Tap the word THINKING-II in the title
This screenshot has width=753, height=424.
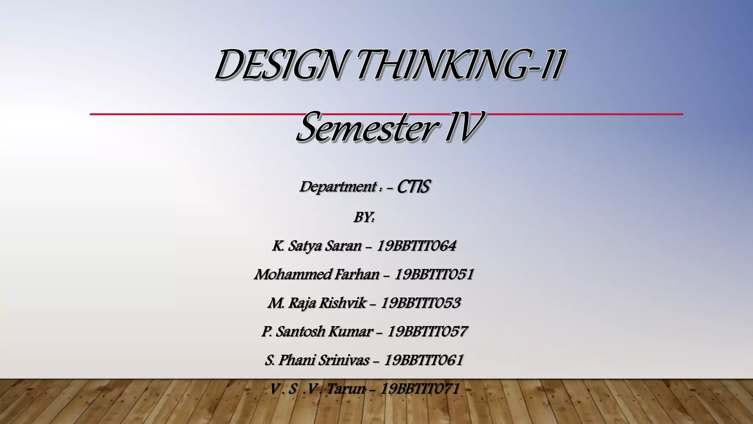[x=460, y=66]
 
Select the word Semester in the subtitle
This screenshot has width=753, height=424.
[x=366, y=128]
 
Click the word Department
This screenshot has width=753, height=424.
[x=338, y=187]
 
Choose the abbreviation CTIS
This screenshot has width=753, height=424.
[x=413, y=187]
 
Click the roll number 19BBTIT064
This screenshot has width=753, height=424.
[x=416, y=246]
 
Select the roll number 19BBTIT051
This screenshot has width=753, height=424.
[x=434, y=275]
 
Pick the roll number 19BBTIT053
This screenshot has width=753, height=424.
[x=421, y=303]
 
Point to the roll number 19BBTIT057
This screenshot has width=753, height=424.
[x=427, y=332]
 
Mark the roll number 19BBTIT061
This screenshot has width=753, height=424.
[x=424, y=360]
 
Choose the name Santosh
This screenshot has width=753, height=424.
[x=299, y=332]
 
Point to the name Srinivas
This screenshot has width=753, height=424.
[x=343, y=360]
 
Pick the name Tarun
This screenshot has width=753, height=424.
[x=346, y=389]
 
